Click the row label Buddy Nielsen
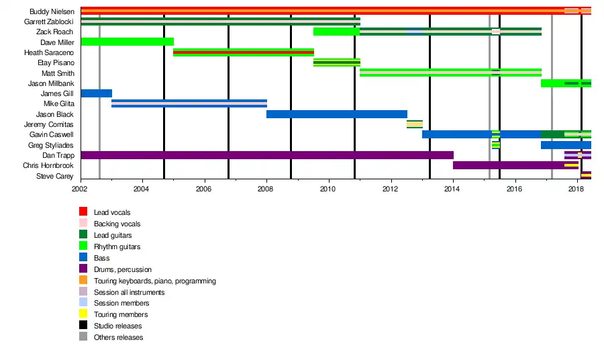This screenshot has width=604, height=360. (x=52, y=11)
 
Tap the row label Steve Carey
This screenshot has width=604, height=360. (x=54, y=176)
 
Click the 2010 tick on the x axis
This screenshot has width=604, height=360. (x=328, y=189)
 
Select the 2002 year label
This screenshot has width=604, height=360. (x=81, y=189)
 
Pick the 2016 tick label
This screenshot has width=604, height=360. (x=514, y=189)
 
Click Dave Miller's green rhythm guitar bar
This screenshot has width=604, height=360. (x=127, y=42)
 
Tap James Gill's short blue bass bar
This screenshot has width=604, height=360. (x=96, y=93)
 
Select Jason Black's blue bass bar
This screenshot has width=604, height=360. (x=337, y=114)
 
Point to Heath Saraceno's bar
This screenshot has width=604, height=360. (x=244, y=52)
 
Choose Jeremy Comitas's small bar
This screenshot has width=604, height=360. (x=415, y=124)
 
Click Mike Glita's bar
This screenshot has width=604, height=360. (x=189, y=103)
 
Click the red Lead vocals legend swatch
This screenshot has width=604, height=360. (x=83, y=212)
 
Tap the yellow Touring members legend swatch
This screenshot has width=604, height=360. (x=83, y=314)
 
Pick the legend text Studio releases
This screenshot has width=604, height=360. (x=117, y=326)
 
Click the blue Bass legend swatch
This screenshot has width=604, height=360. (x=83, y=258)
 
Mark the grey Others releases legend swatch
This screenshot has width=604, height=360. (x=83, y=337)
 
